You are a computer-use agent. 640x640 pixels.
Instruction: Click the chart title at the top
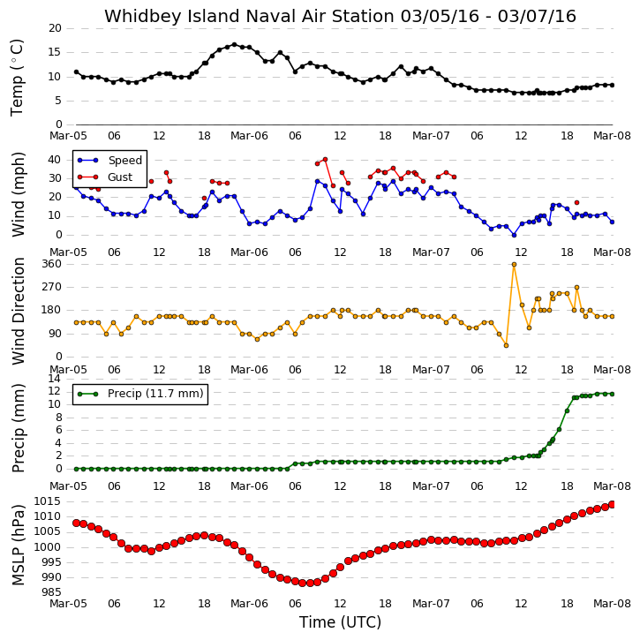(x=340, y=17)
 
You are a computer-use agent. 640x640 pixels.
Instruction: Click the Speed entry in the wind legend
(x=110, y=161)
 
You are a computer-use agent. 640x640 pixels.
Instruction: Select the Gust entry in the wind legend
(x=105, y=177)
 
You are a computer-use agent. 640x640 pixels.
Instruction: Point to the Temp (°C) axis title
(x=17, y=78)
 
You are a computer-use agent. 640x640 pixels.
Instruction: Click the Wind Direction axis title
(x=19, y=311)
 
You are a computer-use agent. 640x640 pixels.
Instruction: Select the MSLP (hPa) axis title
(x=19, y=546)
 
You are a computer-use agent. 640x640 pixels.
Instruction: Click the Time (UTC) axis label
(x=340, y=622)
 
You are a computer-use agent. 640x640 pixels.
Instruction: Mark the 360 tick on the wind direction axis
(x=51, y=264)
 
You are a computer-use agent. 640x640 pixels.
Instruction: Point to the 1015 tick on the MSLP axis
(x=48, y=501)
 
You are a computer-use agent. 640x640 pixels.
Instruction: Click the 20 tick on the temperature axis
(x=55, y=28)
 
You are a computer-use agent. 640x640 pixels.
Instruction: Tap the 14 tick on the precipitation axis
(x=55, y=379)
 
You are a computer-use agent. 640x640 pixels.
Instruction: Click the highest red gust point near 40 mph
(x=326, y=160)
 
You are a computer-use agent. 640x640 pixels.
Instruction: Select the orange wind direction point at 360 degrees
(x=515, y=265)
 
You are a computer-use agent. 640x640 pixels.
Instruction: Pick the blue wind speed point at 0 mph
(x=515, y=235)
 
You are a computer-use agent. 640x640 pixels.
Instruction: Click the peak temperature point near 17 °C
(x=234, y=44)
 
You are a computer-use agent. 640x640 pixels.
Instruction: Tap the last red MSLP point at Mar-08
(x=613, y=505)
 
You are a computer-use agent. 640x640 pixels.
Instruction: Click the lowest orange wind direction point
(x=507, y=346)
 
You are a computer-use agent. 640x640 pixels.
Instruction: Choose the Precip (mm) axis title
(x=19, y=428)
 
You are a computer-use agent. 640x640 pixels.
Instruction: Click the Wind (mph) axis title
(x=19, y=194)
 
